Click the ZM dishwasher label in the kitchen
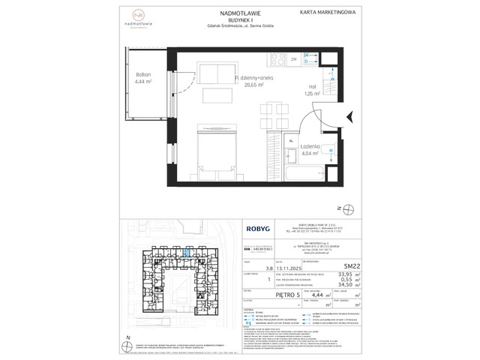coord(294,58)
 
